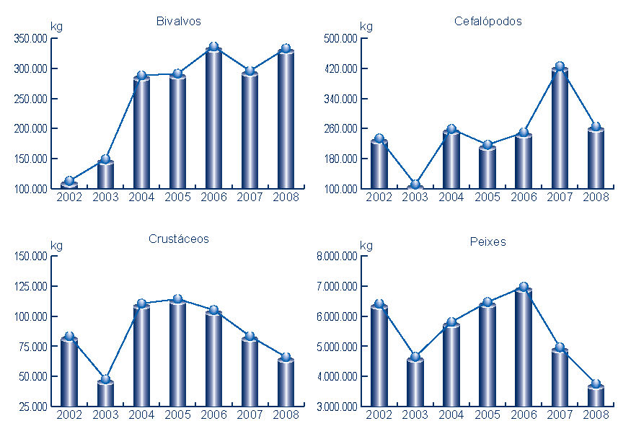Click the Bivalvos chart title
tap(178, 21)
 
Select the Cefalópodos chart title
tap(487, 21)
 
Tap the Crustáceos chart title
tap(178, 239)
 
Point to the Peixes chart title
tap(487, 241)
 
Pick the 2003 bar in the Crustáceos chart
tap(105, 394)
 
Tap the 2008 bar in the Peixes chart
tap(596, 397)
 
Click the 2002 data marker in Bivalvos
tap(69, 182)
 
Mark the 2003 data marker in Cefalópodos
tap(415, 185)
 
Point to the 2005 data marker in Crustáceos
tap(177, 299)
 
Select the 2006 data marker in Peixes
tap(524, 288)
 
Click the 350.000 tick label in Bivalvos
tap(31, 38)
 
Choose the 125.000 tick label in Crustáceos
tap(31, 286)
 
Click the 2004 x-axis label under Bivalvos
tap(141, 197)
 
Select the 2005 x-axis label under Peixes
tap(487, 414)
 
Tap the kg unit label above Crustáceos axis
tap(56, 245)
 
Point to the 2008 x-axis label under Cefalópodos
tap(596, 197)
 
